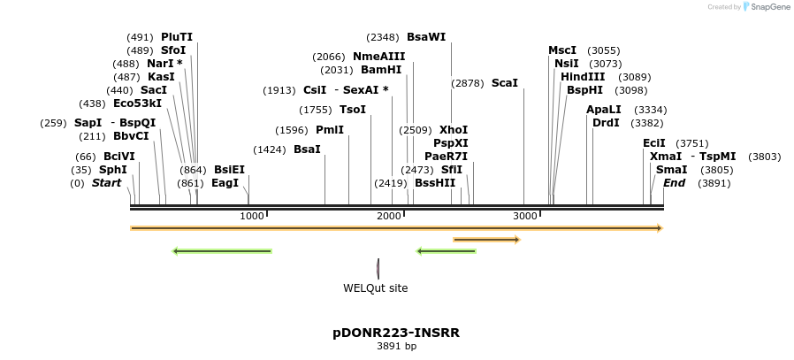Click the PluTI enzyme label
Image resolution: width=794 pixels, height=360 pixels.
[176, 37]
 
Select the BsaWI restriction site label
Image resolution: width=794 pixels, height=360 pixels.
[426, 37]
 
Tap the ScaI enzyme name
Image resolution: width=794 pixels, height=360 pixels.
[504, 83]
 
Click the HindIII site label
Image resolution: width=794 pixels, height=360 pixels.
[583, 77]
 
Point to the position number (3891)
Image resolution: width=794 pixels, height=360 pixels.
[714, 183]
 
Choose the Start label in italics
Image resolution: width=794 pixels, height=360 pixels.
[106, 183]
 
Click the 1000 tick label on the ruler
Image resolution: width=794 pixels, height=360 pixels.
[252, 216]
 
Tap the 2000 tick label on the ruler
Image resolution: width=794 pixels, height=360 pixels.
[389, 216]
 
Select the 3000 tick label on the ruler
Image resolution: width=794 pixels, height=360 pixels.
[525, 216]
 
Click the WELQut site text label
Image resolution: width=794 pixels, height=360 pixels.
[375, 287]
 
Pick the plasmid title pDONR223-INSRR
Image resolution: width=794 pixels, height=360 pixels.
[396, 333]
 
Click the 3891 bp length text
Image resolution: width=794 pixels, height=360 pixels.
[396, 346]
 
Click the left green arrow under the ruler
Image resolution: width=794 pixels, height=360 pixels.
[222, 251]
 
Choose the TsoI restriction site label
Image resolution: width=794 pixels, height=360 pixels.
[353, 110]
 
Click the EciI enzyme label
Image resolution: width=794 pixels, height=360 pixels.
[654, 143]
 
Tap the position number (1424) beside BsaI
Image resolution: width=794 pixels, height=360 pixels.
[269, 149]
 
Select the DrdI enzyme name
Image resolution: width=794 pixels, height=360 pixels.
[606, 123]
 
